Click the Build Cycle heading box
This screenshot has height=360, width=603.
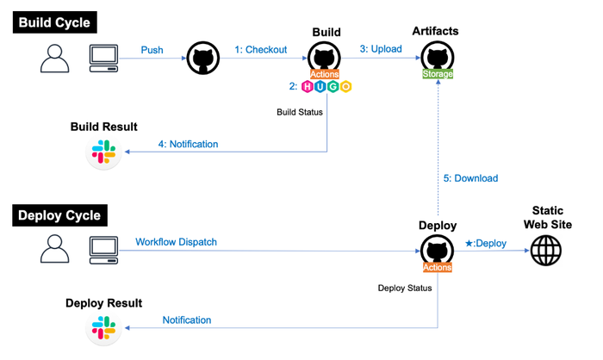coord(55,22)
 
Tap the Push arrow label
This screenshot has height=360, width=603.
coord(152,50)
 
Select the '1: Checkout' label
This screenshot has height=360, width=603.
coord(261,50)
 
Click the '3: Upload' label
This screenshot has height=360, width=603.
coord(381,49)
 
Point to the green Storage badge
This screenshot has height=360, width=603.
coord(437,74)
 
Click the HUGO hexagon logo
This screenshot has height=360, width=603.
coord(326,87)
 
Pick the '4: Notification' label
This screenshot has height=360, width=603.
coord(189,144)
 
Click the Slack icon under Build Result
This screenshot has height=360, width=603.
coord(104,152)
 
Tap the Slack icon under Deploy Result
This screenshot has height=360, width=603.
coord(104,328)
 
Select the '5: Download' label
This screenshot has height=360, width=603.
coord(470,178)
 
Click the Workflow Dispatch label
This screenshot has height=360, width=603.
coord(176,242)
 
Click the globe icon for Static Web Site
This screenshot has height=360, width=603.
coord(545,251)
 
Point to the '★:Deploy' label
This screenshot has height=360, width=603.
coord(486,243)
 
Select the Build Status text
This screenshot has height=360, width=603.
coord(300,112)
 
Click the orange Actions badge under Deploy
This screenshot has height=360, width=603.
coord(437,267)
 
